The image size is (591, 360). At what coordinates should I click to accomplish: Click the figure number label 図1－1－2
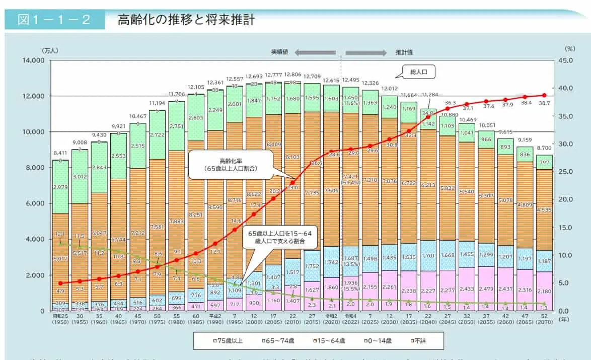point(54,20)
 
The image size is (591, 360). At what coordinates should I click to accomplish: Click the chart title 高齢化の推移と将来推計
point(186,20)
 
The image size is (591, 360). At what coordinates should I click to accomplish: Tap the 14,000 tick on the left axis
point(33,60)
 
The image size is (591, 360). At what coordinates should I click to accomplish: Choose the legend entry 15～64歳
point(330,341)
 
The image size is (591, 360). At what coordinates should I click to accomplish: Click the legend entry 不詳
point(417,341)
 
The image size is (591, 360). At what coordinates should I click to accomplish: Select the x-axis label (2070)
point(544,322)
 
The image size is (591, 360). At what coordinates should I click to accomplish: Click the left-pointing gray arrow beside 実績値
point(315,52)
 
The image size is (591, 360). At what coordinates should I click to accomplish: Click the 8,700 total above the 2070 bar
point(544,149)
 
